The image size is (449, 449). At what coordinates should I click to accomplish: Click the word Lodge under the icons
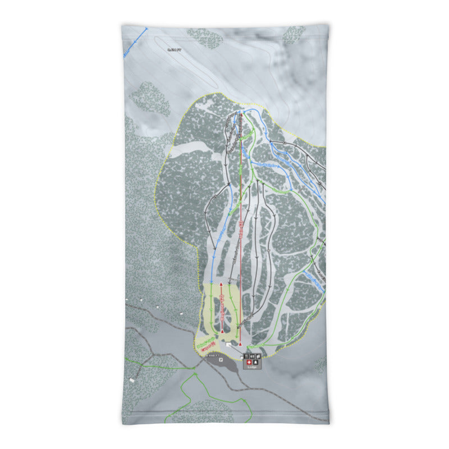pyautogui.click(x=251, y=368)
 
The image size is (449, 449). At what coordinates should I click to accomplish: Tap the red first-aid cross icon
pyautogui.click(x=248, y=362)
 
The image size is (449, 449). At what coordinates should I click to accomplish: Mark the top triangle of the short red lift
pyautogui.click(x=222, y=285)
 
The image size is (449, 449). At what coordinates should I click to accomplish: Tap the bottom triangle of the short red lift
pyautogui.click(x=222, y=332)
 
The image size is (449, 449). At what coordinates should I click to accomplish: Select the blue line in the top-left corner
pyautogui.click(x=135, y=43)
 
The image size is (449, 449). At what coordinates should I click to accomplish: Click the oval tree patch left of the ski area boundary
pyautogui.click(x=150, y=98)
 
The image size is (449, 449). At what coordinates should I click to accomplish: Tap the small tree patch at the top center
pyautogui.click(x=205, y=38)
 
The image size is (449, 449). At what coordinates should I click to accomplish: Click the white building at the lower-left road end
pyautogui.click(x=132, y=380)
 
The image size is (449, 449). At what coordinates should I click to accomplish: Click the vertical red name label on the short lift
pyautogui.click(x=223, y=309)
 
